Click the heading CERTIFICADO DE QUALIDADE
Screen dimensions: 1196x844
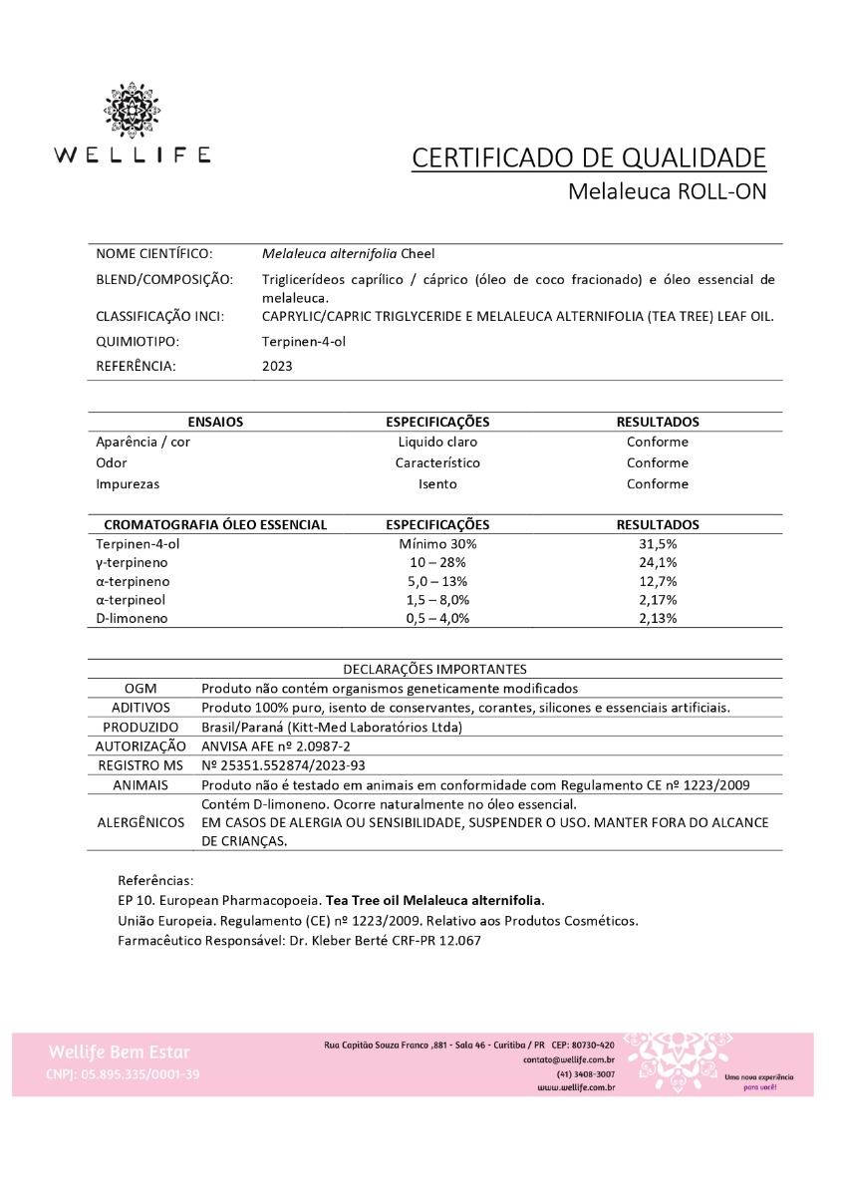pyautogui.click(x=589, y=158)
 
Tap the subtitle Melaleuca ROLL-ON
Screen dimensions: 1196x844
pyautogui.click(x=667, y=191)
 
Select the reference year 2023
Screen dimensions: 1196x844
pyautogui.click(x=277, y=366)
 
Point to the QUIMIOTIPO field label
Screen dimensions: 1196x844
pyautogui.click(x=139, y=342)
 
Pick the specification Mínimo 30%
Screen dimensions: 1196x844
pyautogui.click(x=437, y=545)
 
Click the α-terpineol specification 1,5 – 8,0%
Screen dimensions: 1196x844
pyautogui.click(x=437, y=599)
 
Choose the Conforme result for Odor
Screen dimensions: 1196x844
pyautogui.click(x=658, y=462)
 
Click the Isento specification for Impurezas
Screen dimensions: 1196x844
pyautogui.click(x=437, y=483)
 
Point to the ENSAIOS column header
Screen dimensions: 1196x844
pyautogui.click(x=215, y=422)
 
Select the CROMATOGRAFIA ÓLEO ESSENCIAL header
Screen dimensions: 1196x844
pyautogui.click(x=215, y=524)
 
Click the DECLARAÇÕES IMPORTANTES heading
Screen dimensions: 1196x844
pyautogui.click(x=434, y=669)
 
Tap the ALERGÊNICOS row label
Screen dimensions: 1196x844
pyautogui.click(x=141, y=822)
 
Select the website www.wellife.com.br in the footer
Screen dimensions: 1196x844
pyautogui.click(x=575, y=1088)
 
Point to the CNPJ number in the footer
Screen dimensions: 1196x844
pyautogui.click(x=122, y=1074)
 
